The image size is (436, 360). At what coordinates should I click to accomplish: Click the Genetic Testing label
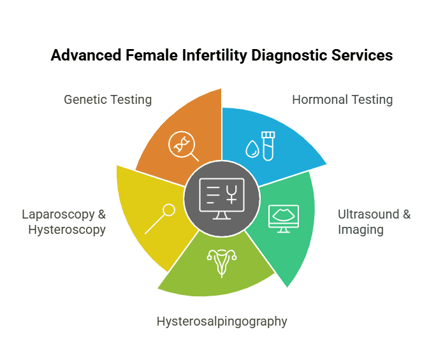coord(108,100)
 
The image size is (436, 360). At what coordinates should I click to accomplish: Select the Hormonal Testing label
coord(342,100)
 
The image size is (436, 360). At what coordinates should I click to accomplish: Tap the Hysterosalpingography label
coord(222,321)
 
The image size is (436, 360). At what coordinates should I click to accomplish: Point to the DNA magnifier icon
coord(183,146)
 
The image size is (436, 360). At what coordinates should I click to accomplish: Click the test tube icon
coord(268,146)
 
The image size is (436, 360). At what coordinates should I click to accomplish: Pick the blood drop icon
coord(252,150)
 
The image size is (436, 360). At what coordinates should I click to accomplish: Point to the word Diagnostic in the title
coord(290,56)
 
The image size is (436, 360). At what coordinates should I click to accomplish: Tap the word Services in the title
coord(361,56)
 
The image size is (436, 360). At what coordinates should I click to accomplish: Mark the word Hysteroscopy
coord(67,230)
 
